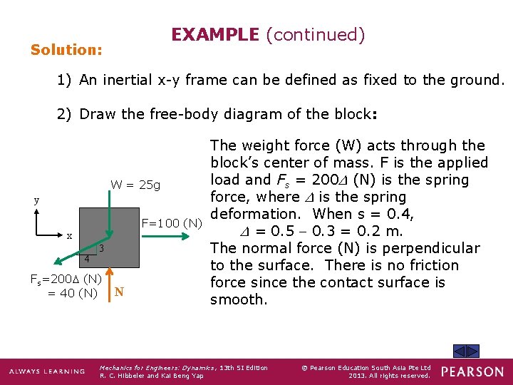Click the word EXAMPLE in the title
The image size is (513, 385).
pyautogui.click(x=214, y=34)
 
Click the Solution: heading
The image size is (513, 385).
pyautogui.click(x=66, y=51)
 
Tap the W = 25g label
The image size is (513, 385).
pyautogui.click(x=135, y=185)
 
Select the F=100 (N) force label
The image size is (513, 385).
pyautogui.click(x=171, y=224)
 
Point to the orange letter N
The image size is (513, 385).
pyautogui.click(x=120, y=292)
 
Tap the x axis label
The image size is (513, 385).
pyautogui.click(x=68, y=235)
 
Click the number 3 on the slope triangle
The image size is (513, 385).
pyautogui.click(x=102, y=248)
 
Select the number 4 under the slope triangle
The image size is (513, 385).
pyautogui.click(x=86, y=259)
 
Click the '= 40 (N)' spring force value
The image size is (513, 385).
pyautogui.click(x=72, y=292)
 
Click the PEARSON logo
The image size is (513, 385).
pyautogui.click(x=472, y=371)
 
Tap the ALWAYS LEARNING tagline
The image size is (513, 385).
pyautogui.click(x=44, y=372)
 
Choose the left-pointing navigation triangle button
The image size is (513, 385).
pyautogui.click(x=460, y=351)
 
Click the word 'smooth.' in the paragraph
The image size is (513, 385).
pyautogui.click(x=239, y=300)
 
